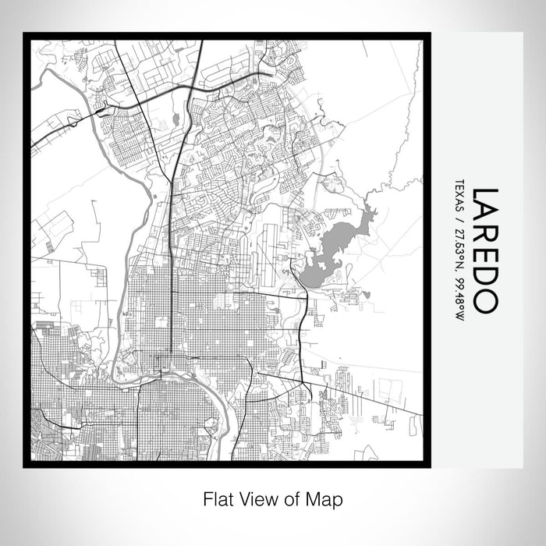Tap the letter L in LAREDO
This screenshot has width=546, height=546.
pos(484,196)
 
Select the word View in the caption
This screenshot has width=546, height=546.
pos(256,498)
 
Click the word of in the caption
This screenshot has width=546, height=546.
pos(293,498)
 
